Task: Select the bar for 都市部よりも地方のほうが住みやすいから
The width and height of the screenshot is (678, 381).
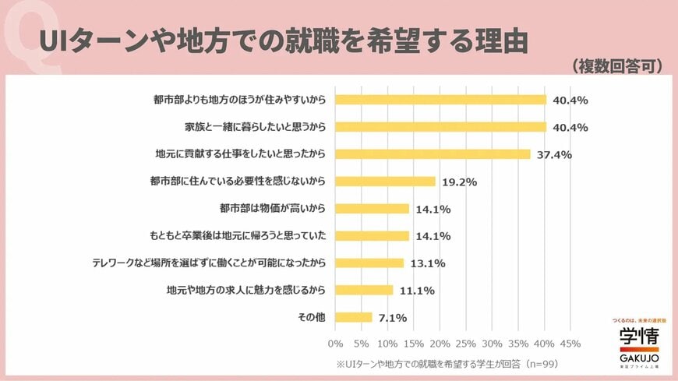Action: point(440,100)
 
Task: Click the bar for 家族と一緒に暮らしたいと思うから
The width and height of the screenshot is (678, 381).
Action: point(440,127)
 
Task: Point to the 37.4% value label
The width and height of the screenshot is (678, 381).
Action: point(554,154)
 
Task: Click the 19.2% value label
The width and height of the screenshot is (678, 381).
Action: point(459,182)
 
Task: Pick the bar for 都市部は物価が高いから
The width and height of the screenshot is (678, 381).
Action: point(373,209)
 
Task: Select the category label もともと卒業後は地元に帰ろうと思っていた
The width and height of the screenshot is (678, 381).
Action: point(237,236)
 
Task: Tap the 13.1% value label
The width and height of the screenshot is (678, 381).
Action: point(428,263)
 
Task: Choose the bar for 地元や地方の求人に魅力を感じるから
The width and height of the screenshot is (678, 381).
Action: point(365,290)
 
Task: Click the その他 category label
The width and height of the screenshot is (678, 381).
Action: point(313,317)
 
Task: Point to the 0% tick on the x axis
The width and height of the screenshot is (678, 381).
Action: point(336,344)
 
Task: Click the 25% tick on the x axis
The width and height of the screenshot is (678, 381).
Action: point(466,344)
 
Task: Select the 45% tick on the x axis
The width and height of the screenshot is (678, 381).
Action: point(570,344)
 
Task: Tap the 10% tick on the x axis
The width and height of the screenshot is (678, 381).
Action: point(387,344)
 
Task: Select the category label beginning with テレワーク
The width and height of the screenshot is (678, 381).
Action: point(209,263)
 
